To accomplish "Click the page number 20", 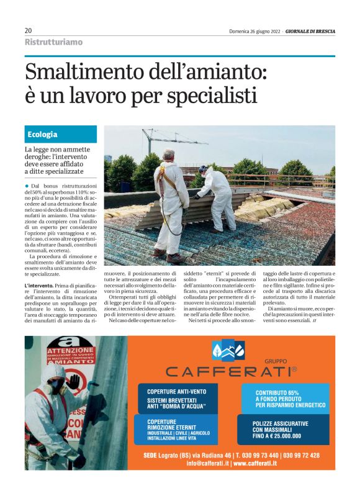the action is (29, 30).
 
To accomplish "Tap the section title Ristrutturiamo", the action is (53, 42).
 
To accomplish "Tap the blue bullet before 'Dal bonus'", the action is (27, 186).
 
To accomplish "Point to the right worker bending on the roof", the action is (216, 197).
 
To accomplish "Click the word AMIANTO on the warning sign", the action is (62, 361).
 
